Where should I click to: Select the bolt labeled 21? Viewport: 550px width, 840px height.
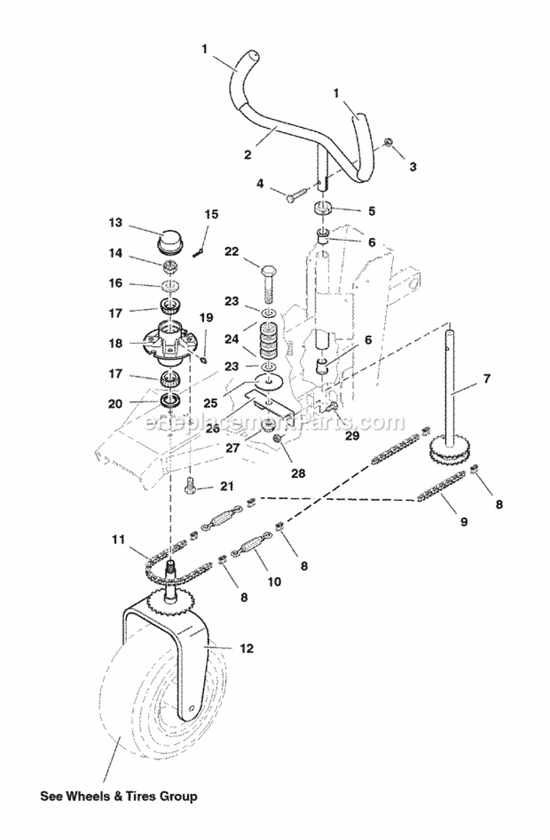point(191,484)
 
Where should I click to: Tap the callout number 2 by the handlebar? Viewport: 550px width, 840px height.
point(248,155)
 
